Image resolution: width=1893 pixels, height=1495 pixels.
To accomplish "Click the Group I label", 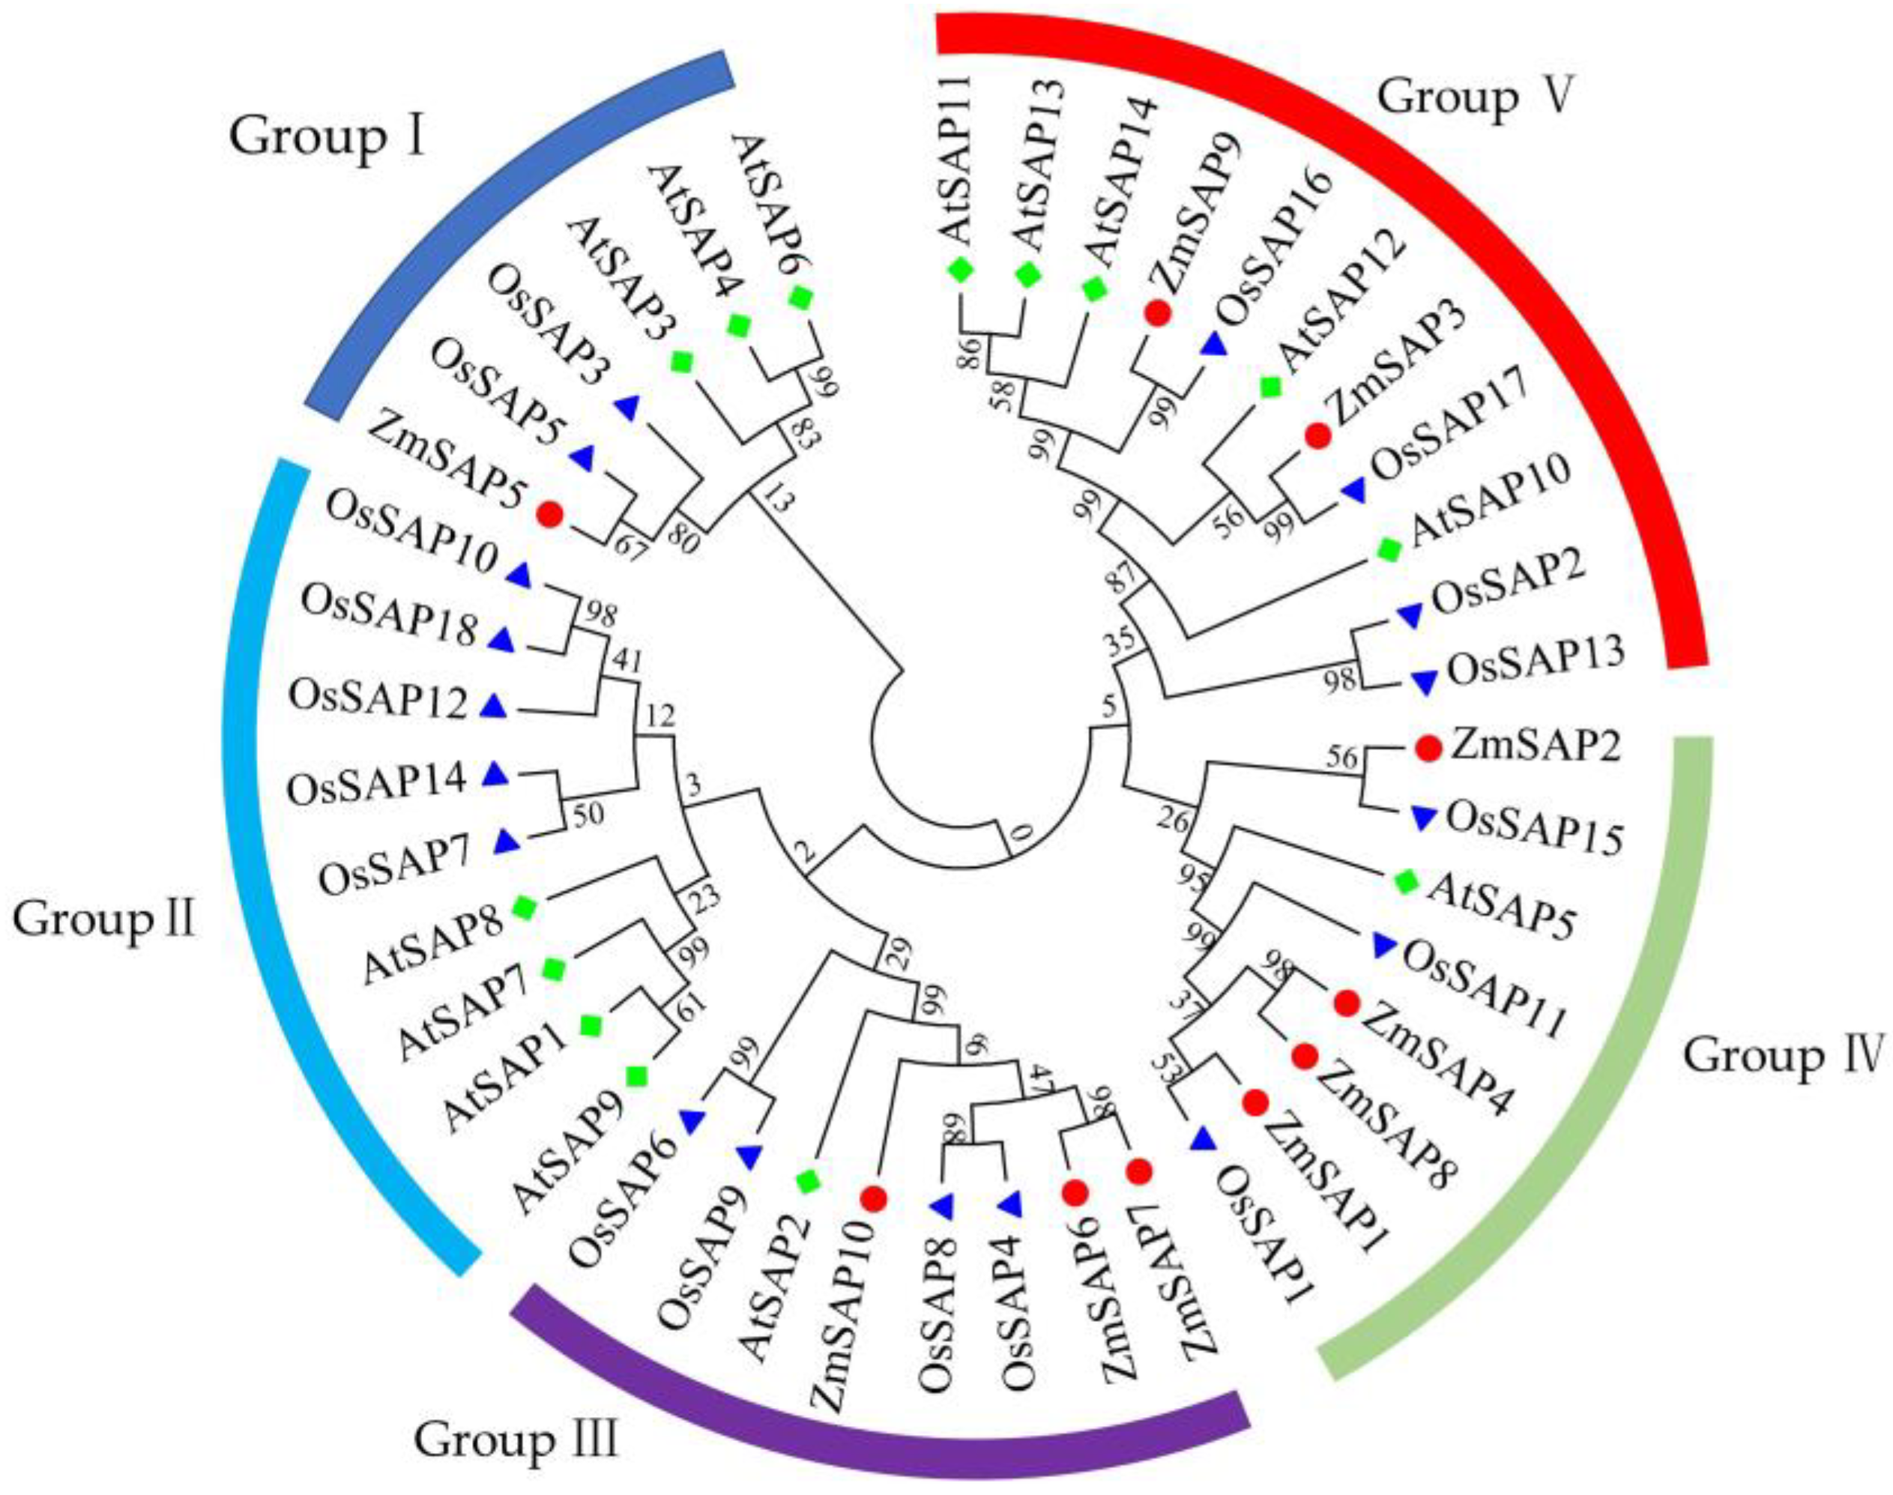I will tap(327, 139).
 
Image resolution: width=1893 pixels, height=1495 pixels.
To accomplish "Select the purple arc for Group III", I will tap(875, 1410).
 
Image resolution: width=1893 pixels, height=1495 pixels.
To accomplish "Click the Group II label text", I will tap(104, 921).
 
